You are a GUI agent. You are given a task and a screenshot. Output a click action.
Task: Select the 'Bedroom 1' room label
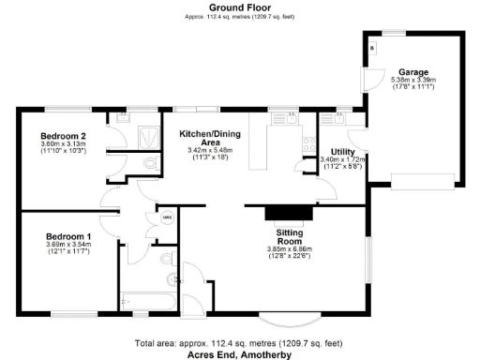click(x=68, y=236)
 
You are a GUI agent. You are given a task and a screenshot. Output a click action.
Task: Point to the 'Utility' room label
click(x=342, y=151)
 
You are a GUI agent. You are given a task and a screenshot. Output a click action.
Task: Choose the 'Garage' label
click(x=412, y=72)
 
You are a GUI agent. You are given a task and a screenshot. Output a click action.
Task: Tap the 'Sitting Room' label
click(x=287, y=236)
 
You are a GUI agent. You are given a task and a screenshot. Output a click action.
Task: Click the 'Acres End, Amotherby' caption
click(x=239, y=354)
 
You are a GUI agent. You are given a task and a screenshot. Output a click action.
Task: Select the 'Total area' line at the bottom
click(x=239, y=343)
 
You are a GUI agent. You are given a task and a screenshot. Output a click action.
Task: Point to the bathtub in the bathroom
click(x=146, y=302)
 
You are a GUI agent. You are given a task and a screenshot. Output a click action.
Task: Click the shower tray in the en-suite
click(x=148, y=139)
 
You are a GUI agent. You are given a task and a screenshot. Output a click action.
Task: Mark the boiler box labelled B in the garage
click(x=372, y=47)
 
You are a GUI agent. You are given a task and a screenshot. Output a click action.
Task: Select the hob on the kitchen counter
click(x=307, y=144)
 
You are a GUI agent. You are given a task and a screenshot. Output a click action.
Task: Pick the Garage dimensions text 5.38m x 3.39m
click(x=412, y=81)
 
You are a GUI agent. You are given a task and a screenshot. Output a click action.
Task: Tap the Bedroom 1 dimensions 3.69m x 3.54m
click(x=68, y=246)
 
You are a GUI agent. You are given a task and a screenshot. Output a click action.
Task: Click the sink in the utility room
click(x=337, y=118)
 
